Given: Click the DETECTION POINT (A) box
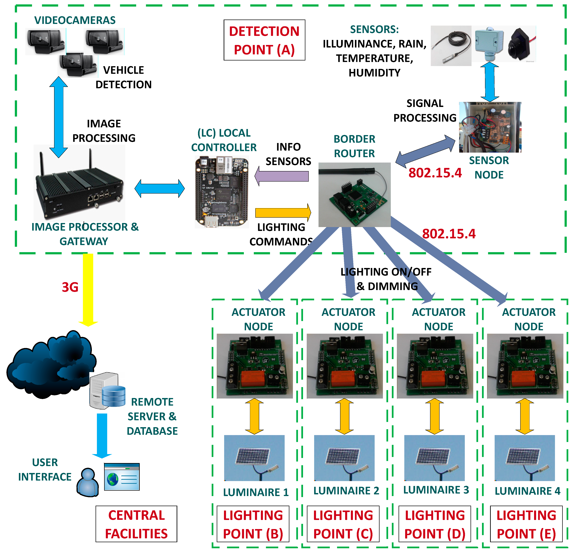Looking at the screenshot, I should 264,40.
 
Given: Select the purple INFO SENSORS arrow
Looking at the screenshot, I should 282,176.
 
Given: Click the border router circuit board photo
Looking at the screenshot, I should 354,195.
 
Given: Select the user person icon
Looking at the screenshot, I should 87,482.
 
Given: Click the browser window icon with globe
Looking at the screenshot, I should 122,476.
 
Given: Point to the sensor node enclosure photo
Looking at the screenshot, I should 490,127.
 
